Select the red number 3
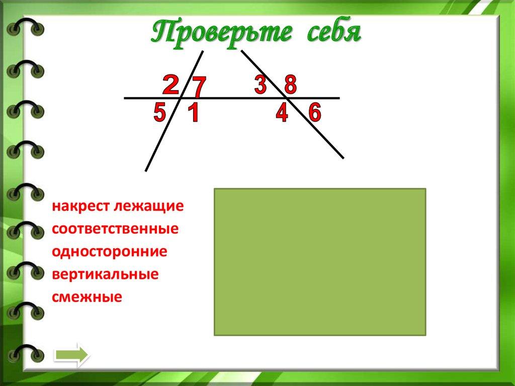260,84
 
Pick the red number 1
193,114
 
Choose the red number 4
282,114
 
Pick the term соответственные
115,229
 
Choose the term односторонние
109,252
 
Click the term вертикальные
105,274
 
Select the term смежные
87,297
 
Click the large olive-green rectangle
320,262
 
